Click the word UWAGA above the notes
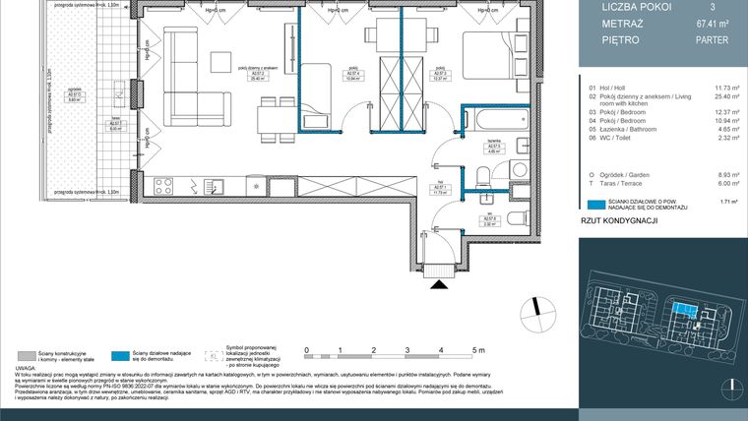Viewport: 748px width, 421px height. (x=26, y=369)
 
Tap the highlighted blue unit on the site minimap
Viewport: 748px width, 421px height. (x=678, y=311)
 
